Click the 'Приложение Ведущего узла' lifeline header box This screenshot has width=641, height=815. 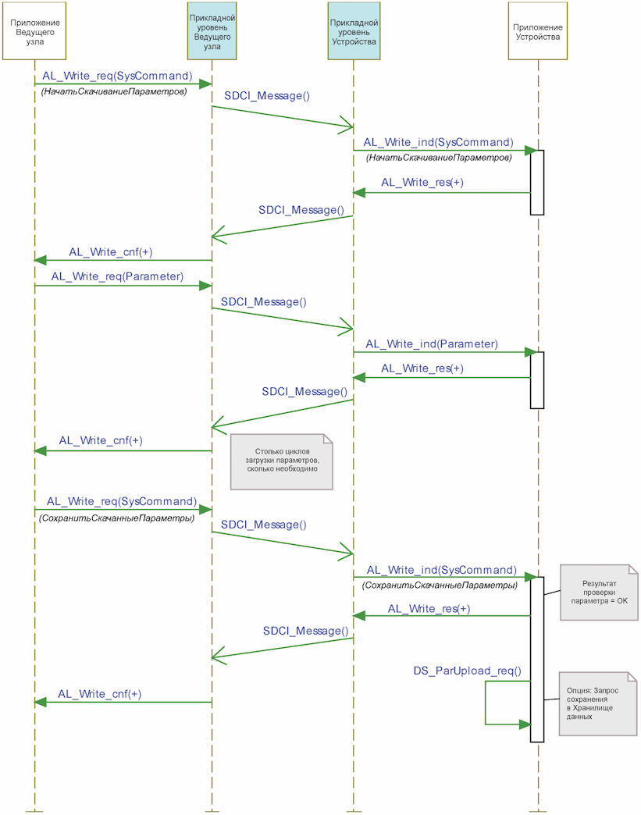(x=35, y=32)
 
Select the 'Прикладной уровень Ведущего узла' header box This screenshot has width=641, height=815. (x=212, y=32)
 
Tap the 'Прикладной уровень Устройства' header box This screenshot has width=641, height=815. (x=354, y=32)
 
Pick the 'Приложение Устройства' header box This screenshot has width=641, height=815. (x=536, y=32)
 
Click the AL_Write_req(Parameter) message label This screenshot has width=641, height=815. (x=117, y=276)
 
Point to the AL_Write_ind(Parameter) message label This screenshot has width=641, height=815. (x=432, y=343)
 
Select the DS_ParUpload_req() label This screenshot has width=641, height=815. (x=467, y=671)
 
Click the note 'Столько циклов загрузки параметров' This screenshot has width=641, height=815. (x=281, y=461)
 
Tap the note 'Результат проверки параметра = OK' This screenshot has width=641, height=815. (x=599, y=593)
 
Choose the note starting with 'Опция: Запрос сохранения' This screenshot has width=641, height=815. (x=597, y=703)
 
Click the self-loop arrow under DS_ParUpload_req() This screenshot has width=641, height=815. (x=486, y=703)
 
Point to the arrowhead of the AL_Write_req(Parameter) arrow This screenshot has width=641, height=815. (x=206, y=286)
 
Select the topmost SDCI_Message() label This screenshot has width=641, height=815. (x=267, y=96)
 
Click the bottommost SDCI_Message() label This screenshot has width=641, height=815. (x=305, y=630)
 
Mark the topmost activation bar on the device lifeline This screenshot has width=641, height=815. (x=537, y=182)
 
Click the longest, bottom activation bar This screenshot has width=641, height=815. (x=537, y=658)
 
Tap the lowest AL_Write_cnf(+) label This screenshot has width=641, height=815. (x=100, y=693)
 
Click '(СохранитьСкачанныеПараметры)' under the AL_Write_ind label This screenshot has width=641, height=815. (x=440, y=585)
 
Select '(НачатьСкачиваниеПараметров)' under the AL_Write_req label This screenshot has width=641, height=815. (x=114, y=91)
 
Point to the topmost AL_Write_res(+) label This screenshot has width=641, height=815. (x=422, y=183)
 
